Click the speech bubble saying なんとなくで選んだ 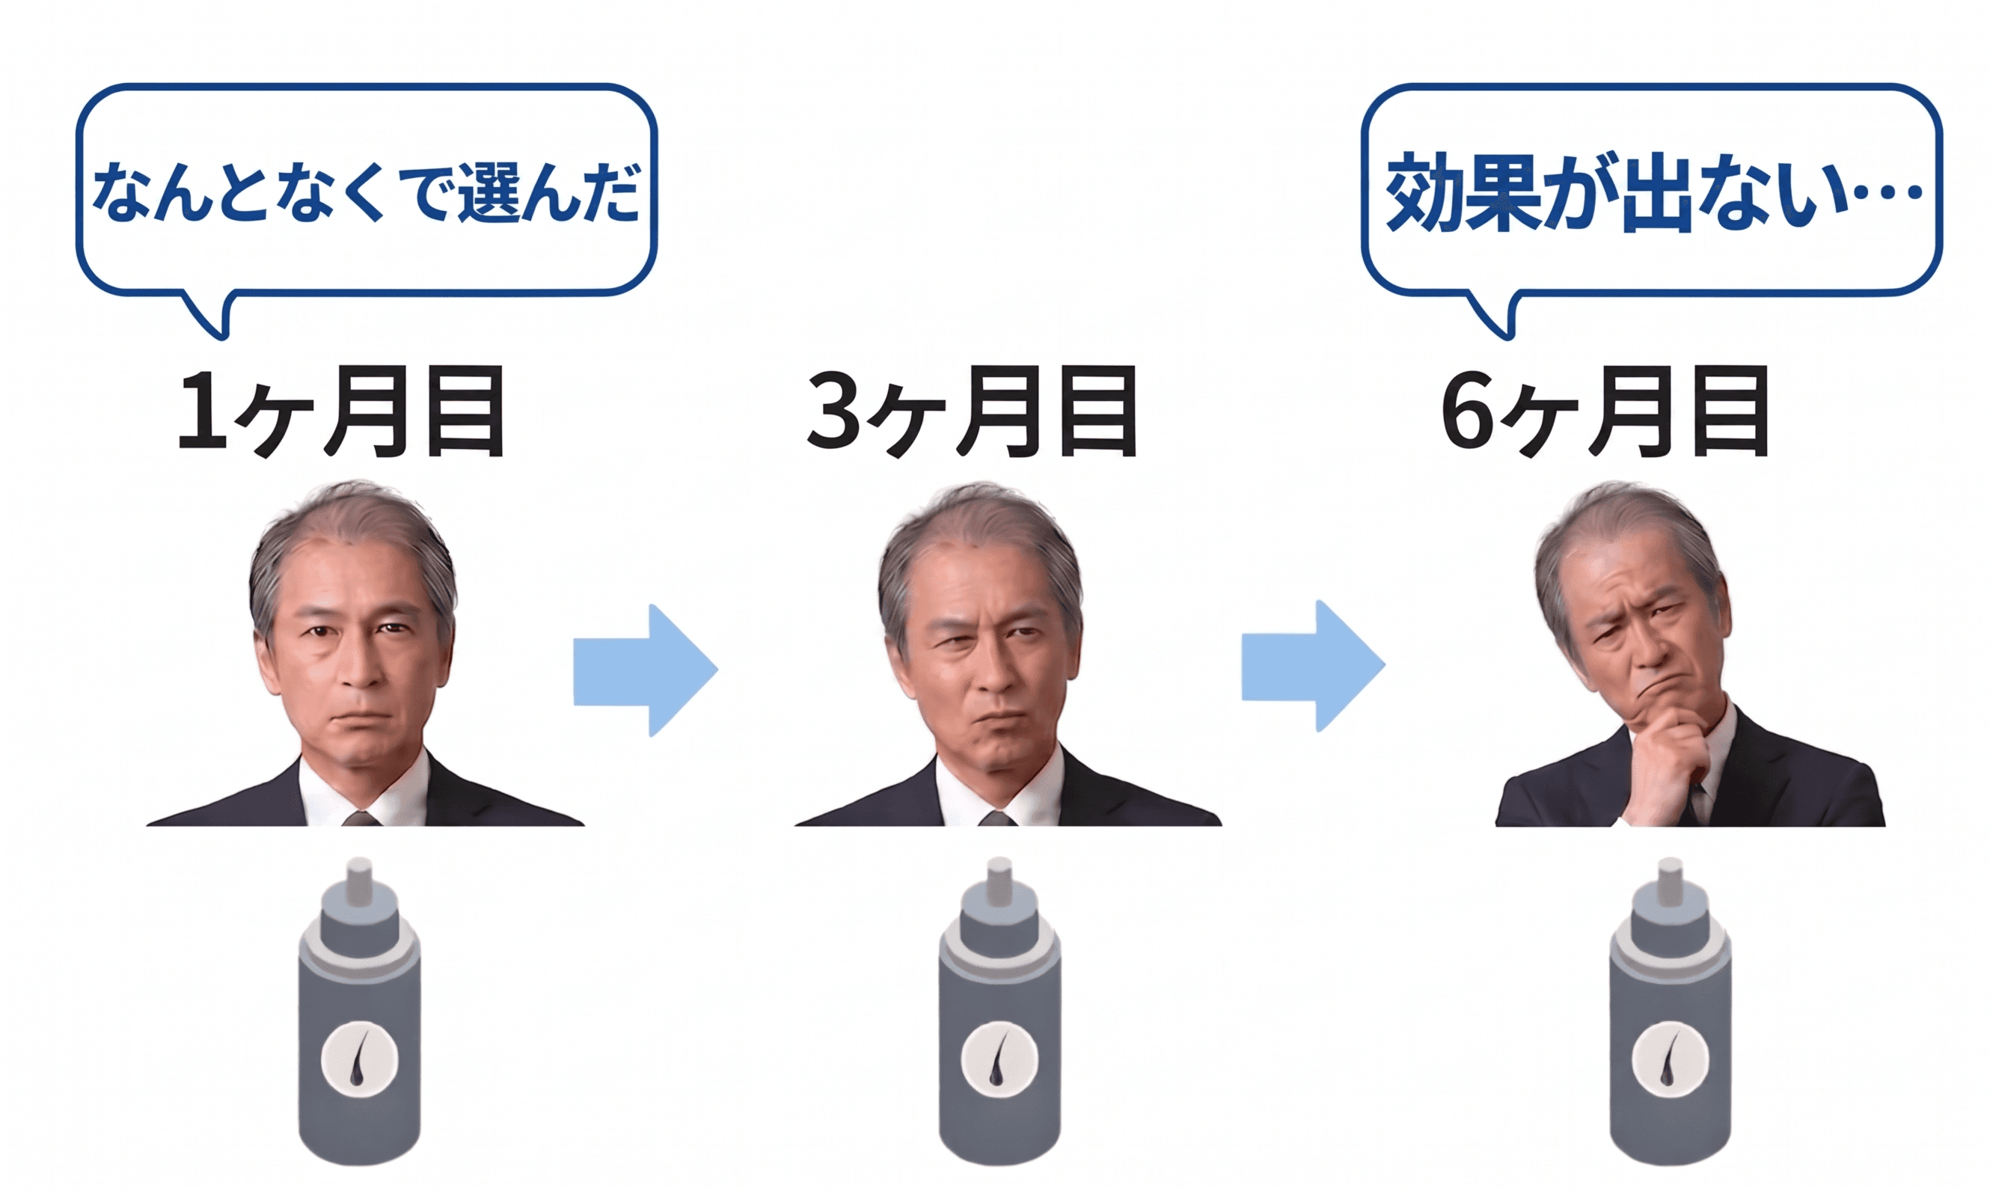[366, 192]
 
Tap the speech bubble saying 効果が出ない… [1652, 192]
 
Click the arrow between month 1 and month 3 [645, 670]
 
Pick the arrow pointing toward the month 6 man [1313, 667]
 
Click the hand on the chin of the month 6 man [1662, 750]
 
